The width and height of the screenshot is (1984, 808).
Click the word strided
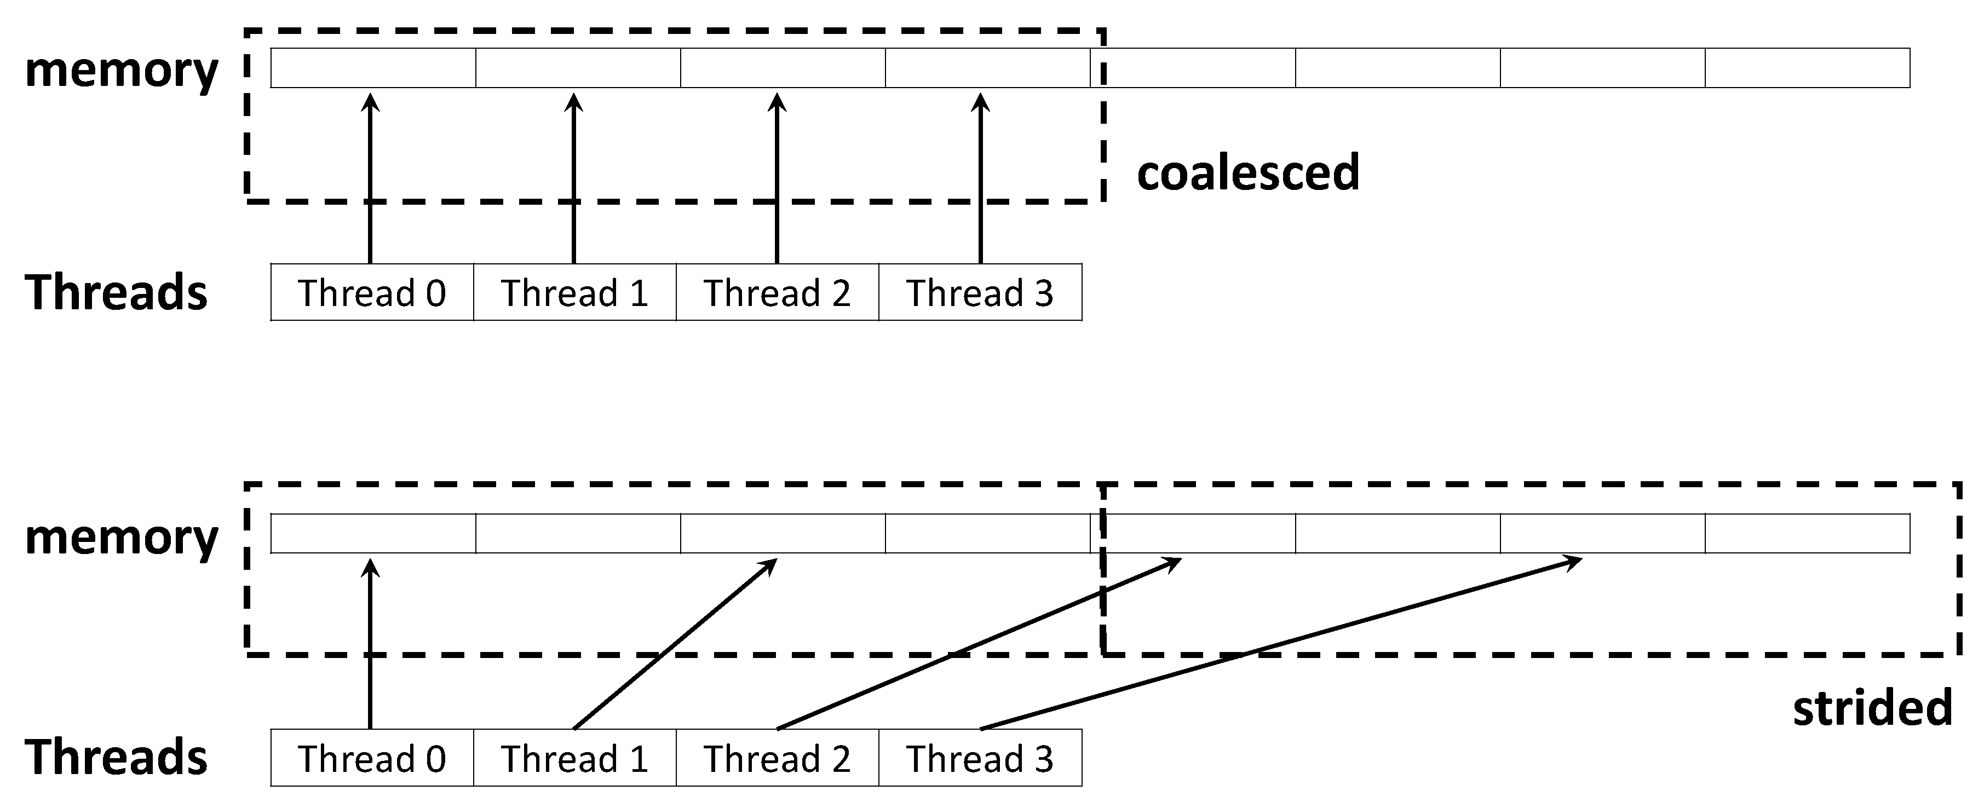click(1872, 708)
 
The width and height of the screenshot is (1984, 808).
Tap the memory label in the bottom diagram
click(122, 537)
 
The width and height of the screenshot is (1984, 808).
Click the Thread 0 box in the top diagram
click(372, 293)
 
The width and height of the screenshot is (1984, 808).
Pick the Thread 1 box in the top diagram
click(574, 293)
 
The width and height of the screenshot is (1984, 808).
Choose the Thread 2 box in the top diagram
click(777, 293)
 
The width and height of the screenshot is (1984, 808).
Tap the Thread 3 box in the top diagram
click(980, 293)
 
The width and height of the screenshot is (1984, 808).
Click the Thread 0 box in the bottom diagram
click(372, 759)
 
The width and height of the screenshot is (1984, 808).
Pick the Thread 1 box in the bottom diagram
click(574, 759)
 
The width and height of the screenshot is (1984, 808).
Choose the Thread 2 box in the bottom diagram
click(777, 759)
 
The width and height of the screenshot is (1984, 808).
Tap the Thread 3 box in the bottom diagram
click(980, 759)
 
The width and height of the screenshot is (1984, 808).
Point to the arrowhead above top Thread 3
click(980, 102)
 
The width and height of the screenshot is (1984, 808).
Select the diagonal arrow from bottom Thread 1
click(674, 644)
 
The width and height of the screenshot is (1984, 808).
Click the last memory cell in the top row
click(1807, 68)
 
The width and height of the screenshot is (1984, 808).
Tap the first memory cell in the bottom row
click(373, 533)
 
